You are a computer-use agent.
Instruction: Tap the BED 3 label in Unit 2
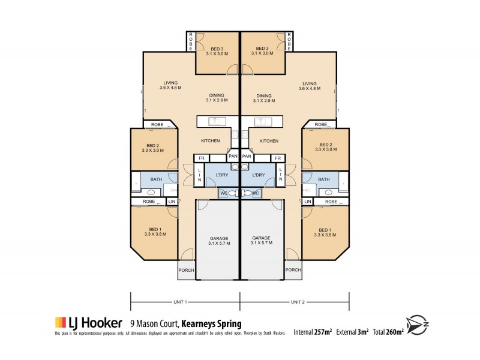tap(262, 49)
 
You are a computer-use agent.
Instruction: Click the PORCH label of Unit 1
tap(187, 270)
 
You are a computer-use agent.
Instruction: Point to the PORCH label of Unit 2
tap(293, 270)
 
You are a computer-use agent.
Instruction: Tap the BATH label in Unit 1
tap(156, 179)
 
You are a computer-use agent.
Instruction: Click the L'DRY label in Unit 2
tap(259, 175)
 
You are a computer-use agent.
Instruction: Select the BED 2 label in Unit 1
tap(153, 145)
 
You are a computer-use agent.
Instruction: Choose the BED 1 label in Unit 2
tap(325, 230)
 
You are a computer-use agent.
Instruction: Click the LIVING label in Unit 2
tap(310, 83)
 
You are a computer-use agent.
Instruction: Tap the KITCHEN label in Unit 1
tap(210, 141)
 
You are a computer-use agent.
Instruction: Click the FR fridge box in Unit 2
tap(278, 158)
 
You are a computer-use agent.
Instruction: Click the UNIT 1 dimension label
tap(181, 301)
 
